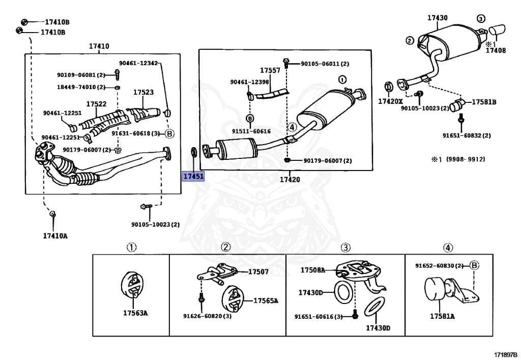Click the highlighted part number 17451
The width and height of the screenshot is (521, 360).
(193, 176)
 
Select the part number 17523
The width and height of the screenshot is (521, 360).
(143, 93)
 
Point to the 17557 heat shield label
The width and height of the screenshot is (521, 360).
(270, 70)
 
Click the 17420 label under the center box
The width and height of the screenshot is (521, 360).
(290, 179)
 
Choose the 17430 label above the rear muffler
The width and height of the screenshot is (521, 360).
(437, 18)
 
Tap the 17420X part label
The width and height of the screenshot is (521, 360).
(390, 101)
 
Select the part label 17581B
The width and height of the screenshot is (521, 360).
(483, 102)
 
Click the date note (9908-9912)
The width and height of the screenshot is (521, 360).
(466, 159)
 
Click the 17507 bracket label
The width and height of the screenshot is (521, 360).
(258, 272)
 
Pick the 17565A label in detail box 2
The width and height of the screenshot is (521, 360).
(266, 300)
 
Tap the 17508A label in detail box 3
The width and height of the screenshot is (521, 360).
(312, 270)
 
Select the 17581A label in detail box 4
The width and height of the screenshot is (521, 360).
(442, 316)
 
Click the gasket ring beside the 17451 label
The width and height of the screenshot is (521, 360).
(193, 151)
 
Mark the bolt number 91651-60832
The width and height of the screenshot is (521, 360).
(467, 135)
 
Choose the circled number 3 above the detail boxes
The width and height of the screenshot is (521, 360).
(345, 248)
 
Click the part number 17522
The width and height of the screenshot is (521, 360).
(96, 104)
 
